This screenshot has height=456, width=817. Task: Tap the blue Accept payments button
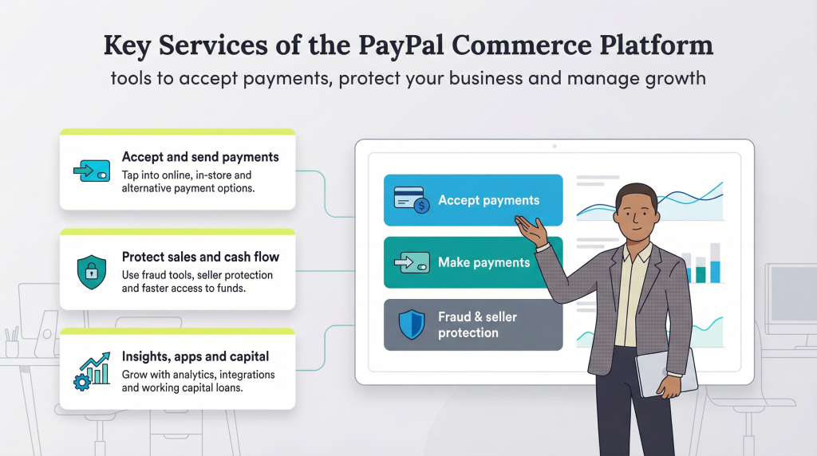[473, 200]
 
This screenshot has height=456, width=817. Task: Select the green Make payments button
[473, 262]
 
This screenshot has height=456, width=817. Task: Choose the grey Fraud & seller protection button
[473, 324]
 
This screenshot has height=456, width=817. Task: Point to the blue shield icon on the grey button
[412, 324]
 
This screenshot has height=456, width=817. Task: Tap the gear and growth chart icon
[90, 371]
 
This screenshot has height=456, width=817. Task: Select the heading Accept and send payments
[200, 157]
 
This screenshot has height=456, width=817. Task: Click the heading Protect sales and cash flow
[200, 257]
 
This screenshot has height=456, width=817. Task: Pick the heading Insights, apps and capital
[195, 356]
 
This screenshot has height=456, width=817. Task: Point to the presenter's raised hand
[531, 230]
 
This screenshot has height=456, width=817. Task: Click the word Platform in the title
[661, 46]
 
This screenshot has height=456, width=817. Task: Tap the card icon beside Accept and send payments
[91, 170]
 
